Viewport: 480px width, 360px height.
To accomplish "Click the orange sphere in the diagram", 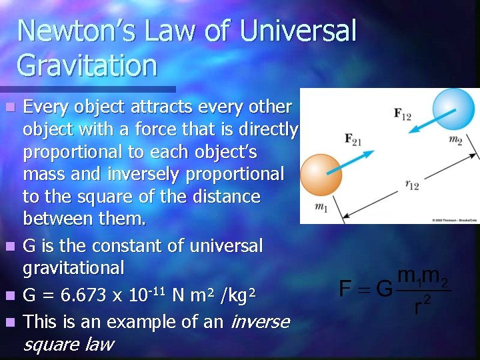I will click(x=320, y=175).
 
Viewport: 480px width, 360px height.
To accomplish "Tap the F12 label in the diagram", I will click(x=403, y=115).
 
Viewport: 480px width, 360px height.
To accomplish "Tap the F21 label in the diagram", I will click(x=353, y=139).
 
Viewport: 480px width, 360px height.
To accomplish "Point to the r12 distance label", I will click(x=412, y=185).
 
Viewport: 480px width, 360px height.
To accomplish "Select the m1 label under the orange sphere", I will click(x=321, y=208).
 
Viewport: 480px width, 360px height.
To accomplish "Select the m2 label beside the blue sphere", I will click(x=455, y=140).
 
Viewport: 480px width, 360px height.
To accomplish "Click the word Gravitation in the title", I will click(x=87, y=65).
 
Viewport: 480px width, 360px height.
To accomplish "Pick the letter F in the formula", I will click(x=345, y=289).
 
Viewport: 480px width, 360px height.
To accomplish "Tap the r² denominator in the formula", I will click(x=421, y=306).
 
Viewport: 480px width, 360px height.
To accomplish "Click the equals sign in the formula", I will click(x=364, y=289).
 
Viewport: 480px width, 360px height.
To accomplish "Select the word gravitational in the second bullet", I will click(x=73, y=268).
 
